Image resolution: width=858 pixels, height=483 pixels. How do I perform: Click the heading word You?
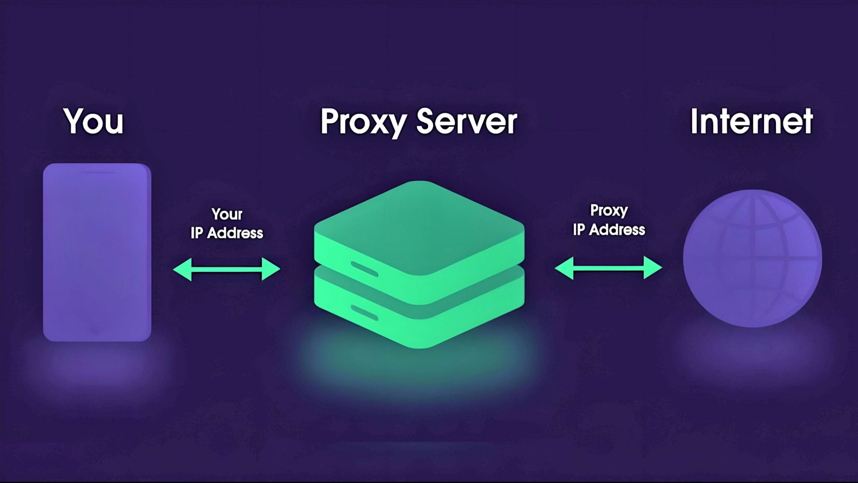[93, 121]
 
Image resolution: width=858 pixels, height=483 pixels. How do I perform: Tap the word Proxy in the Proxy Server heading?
[363, 121]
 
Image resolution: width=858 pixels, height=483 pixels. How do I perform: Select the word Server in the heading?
[467, 121]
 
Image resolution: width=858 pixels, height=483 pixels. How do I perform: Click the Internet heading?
[752, 121]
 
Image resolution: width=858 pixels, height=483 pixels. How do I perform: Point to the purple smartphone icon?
[97, 252]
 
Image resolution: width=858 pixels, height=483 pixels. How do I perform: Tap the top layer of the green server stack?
[419, 226]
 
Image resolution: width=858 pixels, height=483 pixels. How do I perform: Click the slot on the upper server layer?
[364, 269]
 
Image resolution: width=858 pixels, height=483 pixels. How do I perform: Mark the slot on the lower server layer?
[364, 312]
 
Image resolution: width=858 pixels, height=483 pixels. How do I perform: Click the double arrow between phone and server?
[227, 269]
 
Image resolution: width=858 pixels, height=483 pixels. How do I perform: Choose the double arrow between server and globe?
[608, 267]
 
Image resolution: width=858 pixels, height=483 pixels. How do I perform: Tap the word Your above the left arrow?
[227, 214]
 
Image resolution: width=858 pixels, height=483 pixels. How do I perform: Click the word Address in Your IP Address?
[235, 233]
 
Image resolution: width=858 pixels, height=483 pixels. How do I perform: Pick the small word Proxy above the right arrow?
[609, 210]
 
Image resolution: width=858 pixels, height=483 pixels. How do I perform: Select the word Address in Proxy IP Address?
[617, 229]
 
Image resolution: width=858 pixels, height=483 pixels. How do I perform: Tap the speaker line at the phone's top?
[97, 172]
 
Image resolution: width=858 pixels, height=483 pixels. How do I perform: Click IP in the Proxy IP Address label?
[579, 229]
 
